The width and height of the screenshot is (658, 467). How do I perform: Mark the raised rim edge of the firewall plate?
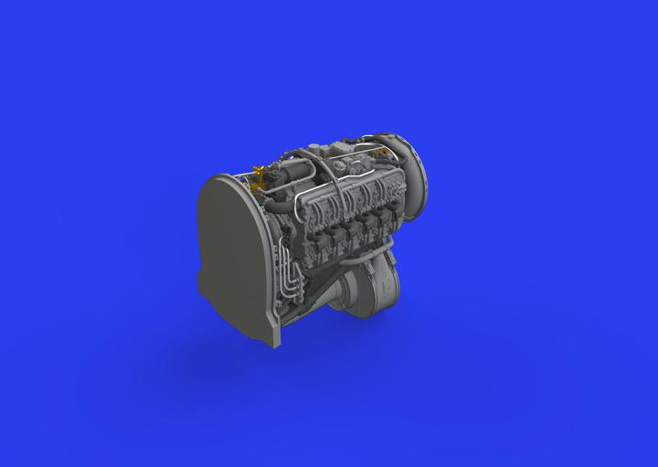(205, 192)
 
